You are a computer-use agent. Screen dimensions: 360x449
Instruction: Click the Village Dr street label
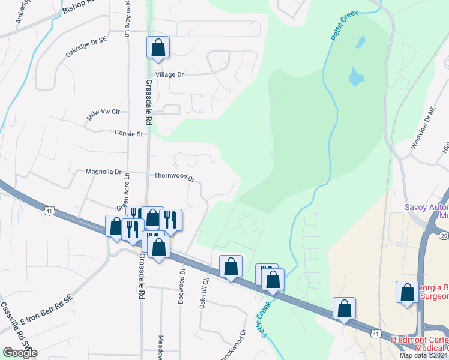169,74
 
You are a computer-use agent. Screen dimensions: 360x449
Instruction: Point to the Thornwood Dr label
175,176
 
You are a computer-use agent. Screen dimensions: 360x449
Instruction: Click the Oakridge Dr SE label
85,47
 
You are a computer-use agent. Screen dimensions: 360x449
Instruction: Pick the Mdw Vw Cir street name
103,113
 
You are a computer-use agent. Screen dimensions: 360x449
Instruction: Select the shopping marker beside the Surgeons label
407,292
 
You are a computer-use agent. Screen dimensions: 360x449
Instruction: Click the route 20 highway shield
443,237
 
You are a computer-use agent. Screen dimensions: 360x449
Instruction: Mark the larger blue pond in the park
355,77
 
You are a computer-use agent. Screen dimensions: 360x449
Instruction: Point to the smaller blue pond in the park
360,42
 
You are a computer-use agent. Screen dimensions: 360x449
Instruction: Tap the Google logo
20,353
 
